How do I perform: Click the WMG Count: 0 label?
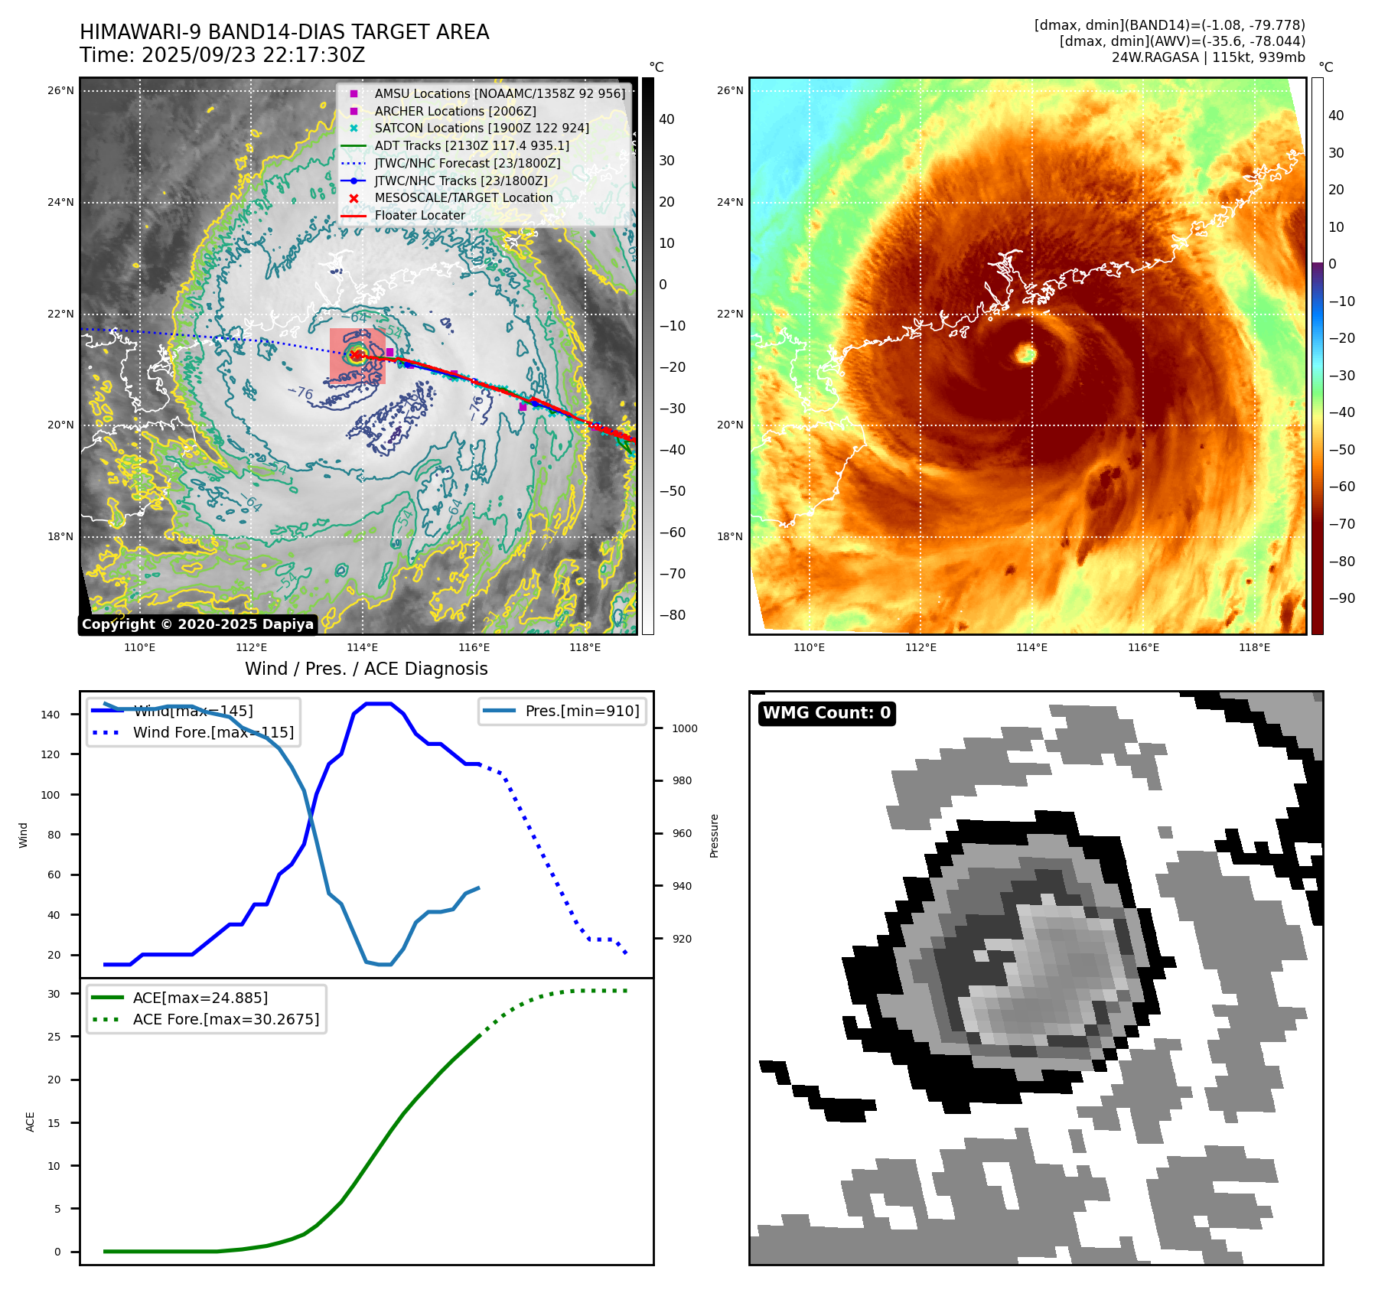[826, 713]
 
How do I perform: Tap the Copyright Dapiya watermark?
[197, 624]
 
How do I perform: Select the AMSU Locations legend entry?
[499, 93]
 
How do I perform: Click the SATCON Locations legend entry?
[481, 128]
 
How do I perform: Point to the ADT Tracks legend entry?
[471, 145]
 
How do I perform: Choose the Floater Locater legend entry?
[419, 215]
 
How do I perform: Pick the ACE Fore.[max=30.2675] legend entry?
[226, 1019]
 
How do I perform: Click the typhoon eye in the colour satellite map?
[1025, 353]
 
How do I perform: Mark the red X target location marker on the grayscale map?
[356, 354]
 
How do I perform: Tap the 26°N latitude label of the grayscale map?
[60, 90]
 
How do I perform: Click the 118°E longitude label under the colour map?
[1254, 647]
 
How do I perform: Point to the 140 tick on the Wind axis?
[51, 715]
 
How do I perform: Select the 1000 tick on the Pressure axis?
[684, 728]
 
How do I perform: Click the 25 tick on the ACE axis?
[54, 1037]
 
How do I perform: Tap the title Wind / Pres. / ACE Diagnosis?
[366, 669]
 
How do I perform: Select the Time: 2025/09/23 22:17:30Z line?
[222, 55]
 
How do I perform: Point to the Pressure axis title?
[714, 835]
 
